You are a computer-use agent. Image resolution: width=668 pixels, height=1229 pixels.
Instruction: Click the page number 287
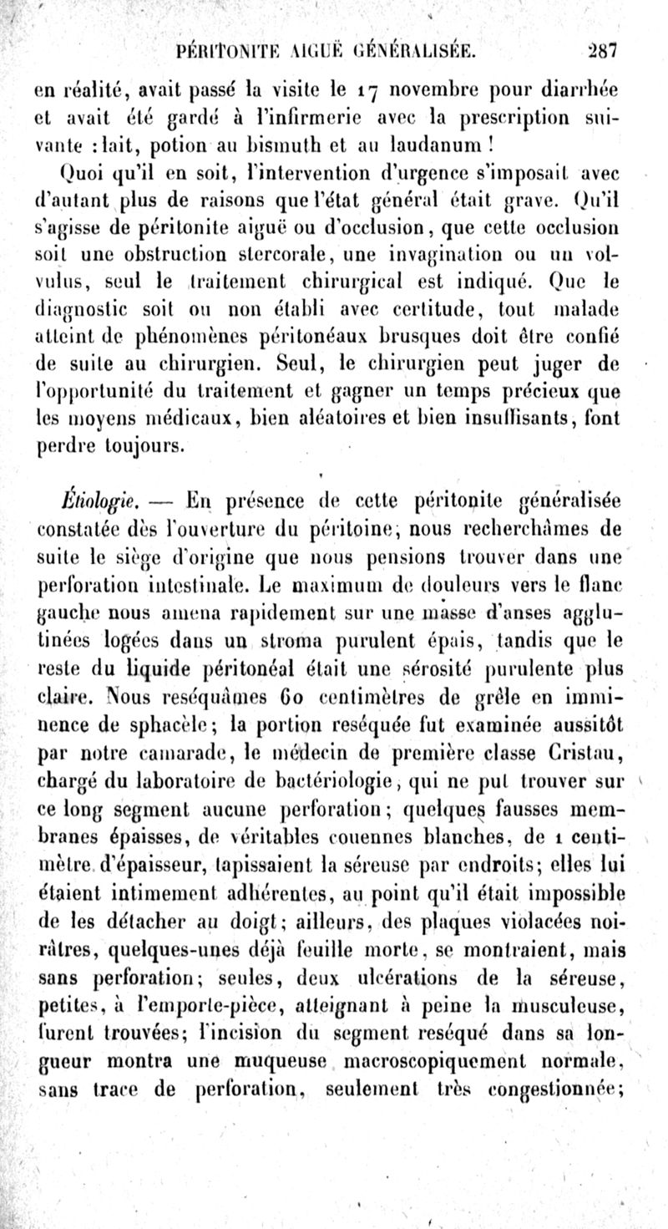(x=600, y=52)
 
